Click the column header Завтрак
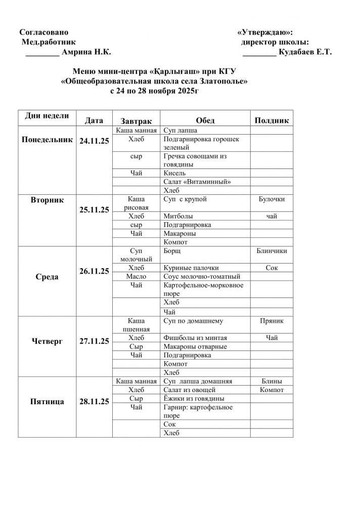click(136, 121)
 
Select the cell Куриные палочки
click(191, 268)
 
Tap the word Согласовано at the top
click(43, 32)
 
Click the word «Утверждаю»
click(264, 32)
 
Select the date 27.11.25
click(94, 342)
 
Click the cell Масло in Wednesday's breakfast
click(136, 276)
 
